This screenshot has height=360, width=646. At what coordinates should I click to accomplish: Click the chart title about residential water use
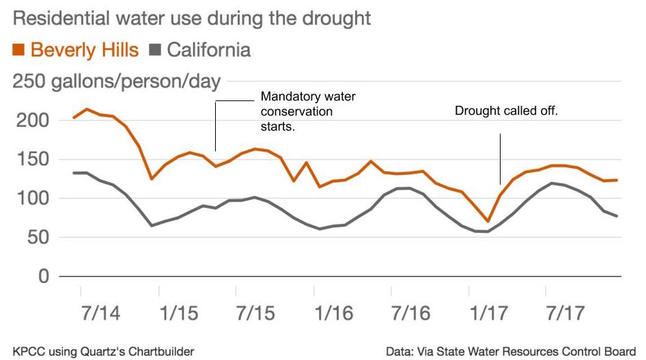[x=192, y=17]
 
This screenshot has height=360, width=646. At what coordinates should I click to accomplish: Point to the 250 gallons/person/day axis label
[x=117, y=82]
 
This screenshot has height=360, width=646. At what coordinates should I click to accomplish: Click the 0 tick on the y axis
[x=44, y=277]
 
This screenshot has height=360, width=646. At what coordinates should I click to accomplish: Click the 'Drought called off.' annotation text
[x=506, y=110]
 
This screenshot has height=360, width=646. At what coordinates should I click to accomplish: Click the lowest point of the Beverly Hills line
[x=488, y=221]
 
